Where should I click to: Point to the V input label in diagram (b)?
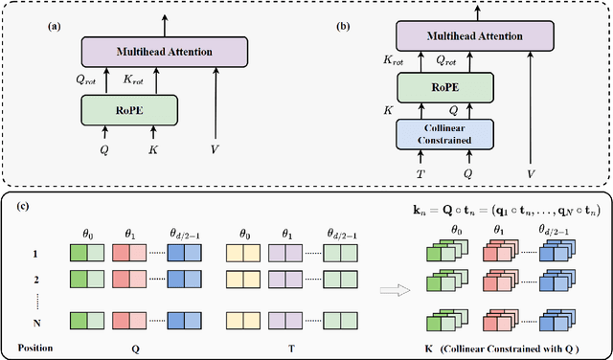(530, 173)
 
